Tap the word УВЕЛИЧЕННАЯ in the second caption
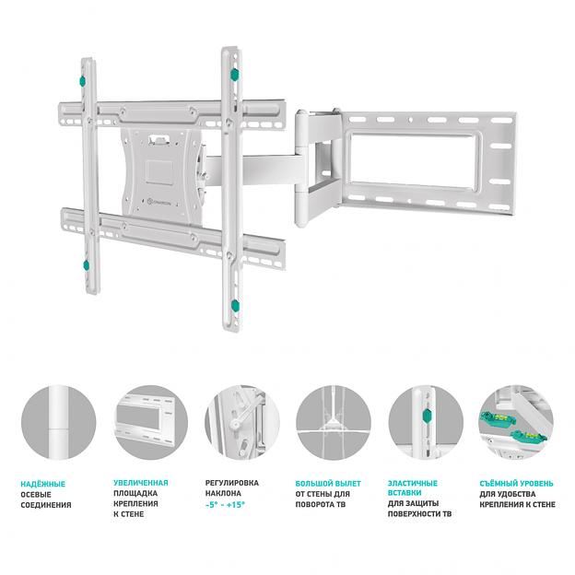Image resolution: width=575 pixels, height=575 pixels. (140, 483)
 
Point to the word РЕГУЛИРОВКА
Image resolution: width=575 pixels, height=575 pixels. (231, 483)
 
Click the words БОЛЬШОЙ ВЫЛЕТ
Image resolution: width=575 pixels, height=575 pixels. (327, 483)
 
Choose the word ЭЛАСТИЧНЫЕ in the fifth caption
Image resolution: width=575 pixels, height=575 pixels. (412, 483)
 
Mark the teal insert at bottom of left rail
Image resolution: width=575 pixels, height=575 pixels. (86, 267)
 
